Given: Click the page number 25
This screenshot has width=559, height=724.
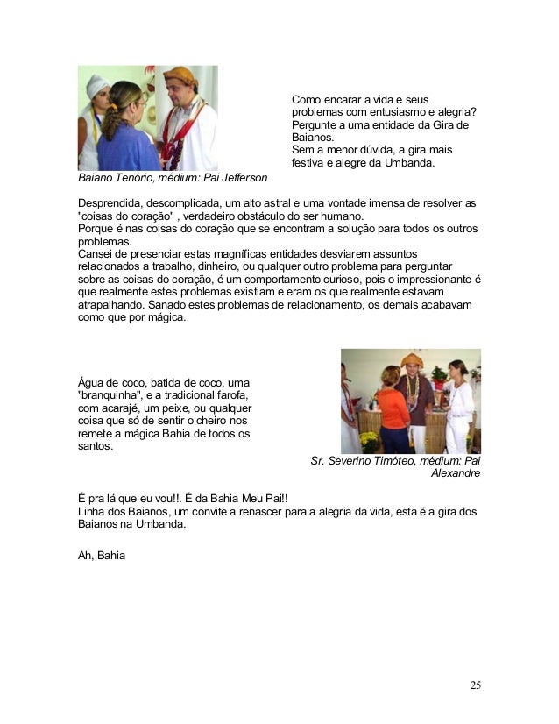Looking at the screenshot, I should (x=475, y=685).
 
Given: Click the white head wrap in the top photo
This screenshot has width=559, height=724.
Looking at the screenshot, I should (x=97, y=85).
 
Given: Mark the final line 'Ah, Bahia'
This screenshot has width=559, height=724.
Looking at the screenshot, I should (x=102, y=555).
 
